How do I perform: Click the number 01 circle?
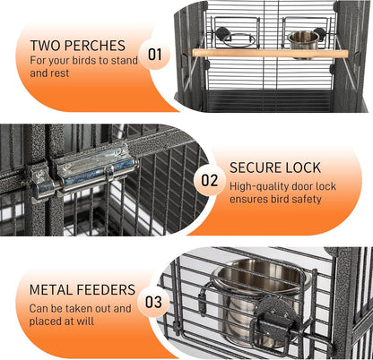[156, 55]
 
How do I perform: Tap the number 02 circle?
[210, 180]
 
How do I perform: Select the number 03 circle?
[155, 301]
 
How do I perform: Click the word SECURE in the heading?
[258, 167]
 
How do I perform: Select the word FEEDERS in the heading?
[108, 289]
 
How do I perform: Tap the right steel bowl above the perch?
[305, 39]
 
